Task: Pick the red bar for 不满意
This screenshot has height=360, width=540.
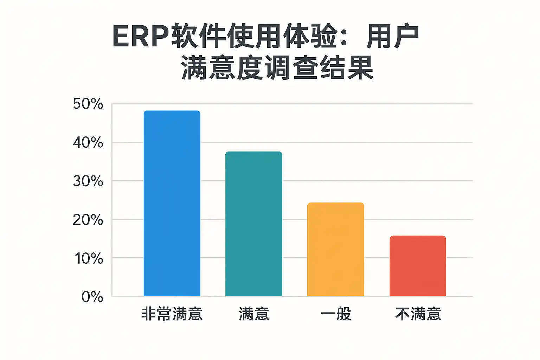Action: (418, 266)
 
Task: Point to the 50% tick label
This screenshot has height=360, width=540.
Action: (88, 104)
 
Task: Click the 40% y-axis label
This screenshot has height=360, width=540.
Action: (88, 143)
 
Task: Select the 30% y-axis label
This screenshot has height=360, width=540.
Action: (88, 181)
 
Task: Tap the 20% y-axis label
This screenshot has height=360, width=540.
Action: (88, 220)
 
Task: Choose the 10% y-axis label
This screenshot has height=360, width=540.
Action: (89, 259)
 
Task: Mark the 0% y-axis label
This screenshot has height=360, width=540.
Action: (92, 297)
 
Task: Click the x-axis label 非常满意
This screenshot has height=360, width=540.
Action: (172, 314)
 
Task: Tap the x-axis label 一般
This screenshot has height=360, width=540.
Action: (336, 314)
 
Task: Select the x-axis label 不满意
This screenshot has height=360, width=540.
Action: (418, 314)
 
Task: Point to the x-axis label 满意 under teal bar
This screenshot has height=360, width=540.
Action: (254, 314)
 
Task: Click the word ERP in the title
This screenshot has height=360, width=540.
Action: (141, 37)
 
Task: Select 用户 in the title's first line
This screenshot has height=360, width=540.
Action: (393, 37)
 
